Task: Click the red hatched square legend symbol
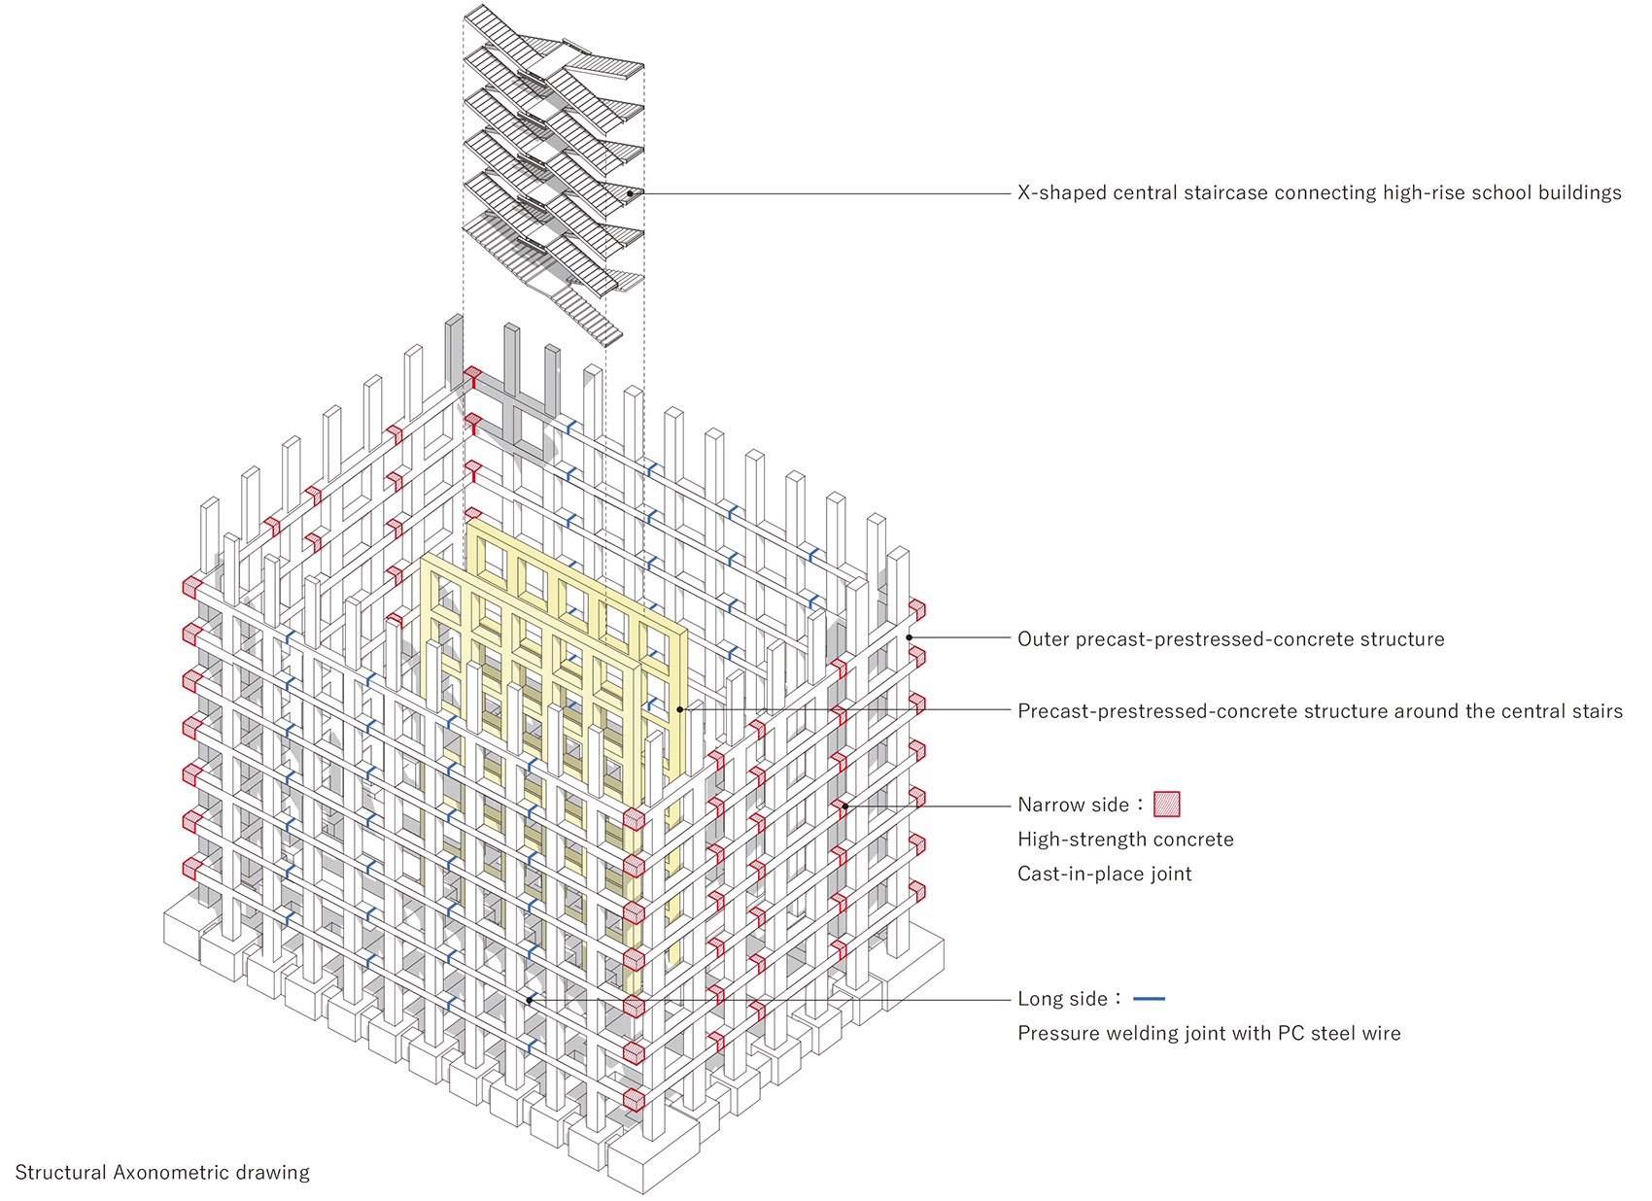[x=1166, y=804]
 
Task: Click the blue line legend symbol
[x=1149, y=999]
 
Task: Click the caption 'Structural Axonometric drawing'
[x=162, y=1172]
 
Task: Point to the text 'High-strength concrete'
[x=1125, y=839]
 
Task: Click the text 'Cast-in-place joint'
[x=1104, y=874]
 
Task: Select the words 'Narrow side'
[x=1073, y=805]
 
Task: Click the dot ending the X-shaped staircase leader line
[x=630, y=194]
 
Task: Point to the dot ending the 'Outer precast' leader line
[x=910, y=637]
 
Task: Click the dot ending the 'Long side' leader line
[x=530, y=1001]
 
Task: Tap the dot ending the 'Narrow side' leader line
[x=845, y=806]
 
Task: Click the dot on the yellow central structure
[x=680, y=709]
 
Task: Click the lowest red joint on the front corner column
[x=634, y=1100]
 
